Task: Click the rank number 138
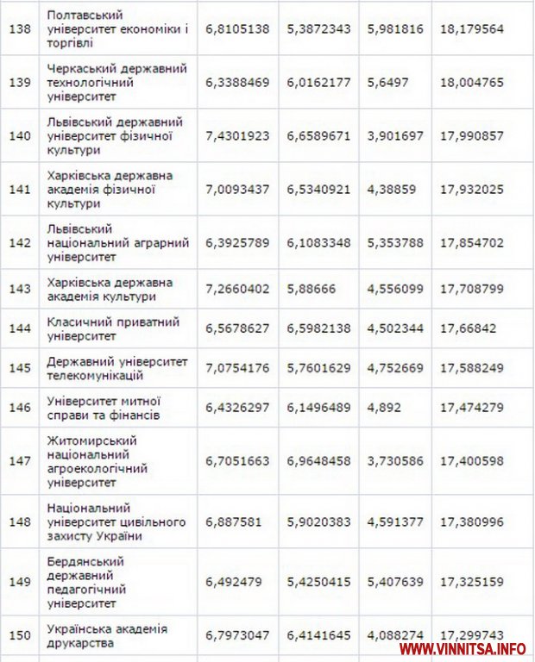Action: click(x=19, y=28)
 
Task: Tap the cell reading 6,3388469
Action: click(x=237, y=82)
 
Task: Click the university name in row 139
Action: click(x=117, y=82)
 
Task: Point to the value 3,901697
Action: click(x=395, y=135)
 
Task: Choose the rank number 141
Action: click(x=19, y=189)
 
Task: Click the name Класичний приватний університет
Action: click(x=113, y=328)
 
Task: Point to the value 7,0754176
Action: click(x=237, y=368)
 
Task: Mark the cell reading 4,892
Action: click(x=384, y=408)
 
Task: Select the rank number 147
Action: click(x=19, y=461)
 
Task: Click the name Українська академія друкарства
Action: click(x=108, y=635)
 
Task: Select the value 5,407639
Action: click(x=395, y=582)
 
